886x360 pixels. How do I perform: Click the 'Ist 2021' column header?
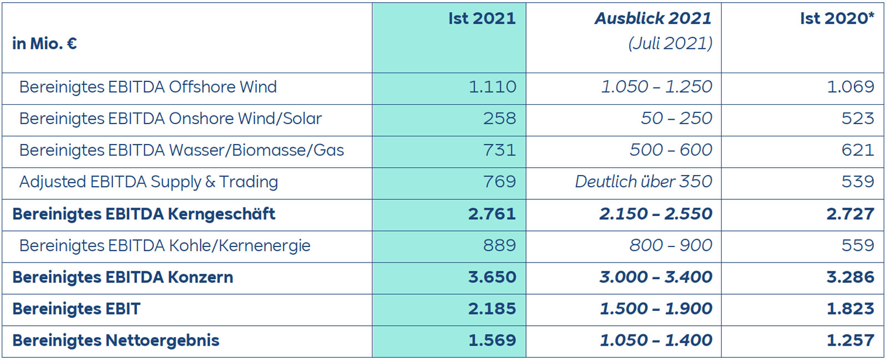[x=482, y=18]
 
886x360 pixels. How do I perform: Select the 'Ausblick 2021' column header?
[x=653, y=18]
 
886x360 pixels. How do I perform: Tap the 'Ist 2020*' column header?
[x=837, y=18]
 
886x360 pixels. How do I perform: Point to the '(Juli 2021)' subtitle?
[x=670, y=43]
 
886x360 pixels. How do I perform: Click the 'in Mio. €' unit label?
[x=44, y=43]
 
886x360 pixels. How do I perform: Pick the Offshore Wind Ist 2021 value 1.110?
[x=492, y=87]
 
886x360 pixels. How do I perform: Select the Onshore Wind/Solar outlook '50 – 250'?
[x=676, y=119]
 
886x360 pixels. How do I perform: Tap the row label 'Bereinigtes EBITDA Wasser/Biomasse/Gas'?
[x=182, y=150]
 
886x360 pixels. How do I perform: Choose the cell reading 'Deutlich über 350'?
[x=643, y=182]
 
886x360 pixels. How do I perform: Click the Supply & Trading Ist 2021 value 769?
[x=499, y=182]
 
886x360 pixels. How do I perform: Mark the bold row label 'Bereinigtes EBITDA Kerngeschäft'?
[x=143, y=214]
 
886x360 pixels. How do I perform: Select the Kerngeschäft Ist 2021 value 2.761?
[x=492, y=214]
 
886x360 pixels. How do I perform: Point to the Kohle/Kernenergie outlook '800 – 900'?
[x=671, y=245]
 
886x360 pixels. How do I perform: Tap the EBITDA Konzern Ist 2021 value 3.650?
[x=492, y=277]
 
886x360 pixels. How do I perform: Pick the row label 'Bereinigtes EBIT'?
[x=76, y=308]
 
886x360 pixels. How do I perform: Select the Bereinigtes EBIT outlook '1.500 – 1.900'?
[x=656, y=308]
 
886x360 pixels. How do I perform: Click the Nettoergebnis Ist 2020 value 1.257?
[x=850, y=340]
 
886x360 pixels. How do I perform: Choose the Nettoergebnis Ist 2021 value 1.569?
[x=492, y=340]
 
